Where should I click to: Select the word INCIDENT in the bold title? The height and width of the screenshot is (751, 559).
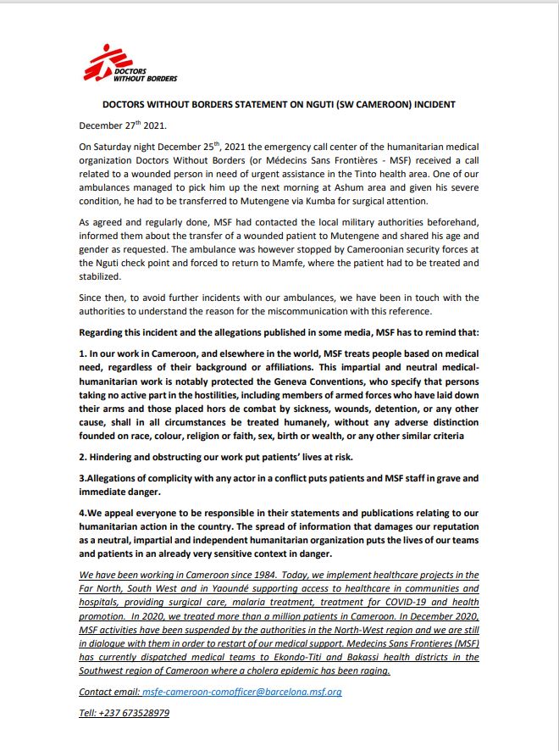431,104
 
